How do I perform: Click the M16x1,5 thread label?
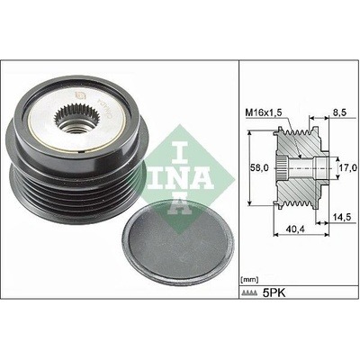[x=264, y=112]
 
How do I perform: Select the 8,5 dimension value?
[x=339, y=112]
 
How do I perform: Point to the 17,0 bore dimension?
[x=348, y=167]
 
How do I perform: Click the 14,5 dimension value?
[x=342, y=217]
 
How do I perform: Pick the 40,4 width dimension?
[x=296, y=229]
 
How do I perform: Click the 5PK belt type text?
[x=274, y=292]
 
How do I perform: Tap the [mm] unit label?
[x=249, y=280]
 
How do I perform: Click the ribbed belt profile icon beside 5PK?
[x=249, y=292]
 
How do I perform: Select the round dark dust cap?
[x=178, y=243]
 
